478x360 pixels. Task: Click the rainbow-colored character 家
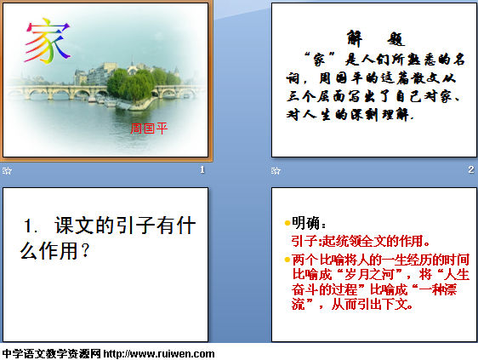[x=48, y=41]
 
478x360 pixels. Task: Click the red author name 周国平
[x=149, y=129]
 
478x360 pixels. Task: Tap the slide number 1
[x=202, y=169]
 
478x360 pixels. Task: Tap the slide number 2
[x=471, y=169]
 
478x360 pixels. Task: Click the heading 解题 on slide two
[x=376, y=38]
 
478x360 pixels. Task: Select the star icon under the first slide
[x=7, y=170]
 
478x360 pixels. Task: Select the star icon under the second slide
[x=276, y=170]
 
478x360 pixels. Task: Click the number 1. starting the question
[x=31, y=226]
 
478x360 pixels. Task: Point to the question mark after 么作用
[x=85, y=251]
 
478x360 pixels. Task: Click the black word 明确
[x=305, y=223]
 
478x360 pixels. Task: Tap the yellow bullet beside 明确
[x=287, y=223]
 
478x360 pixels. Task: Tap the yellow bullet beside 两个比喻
[x=287, y=260]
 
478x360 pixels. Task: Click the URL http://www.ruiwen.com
[x=159, y=354]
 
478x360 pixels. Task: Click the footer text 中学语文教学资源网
[x=51, y=354]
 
